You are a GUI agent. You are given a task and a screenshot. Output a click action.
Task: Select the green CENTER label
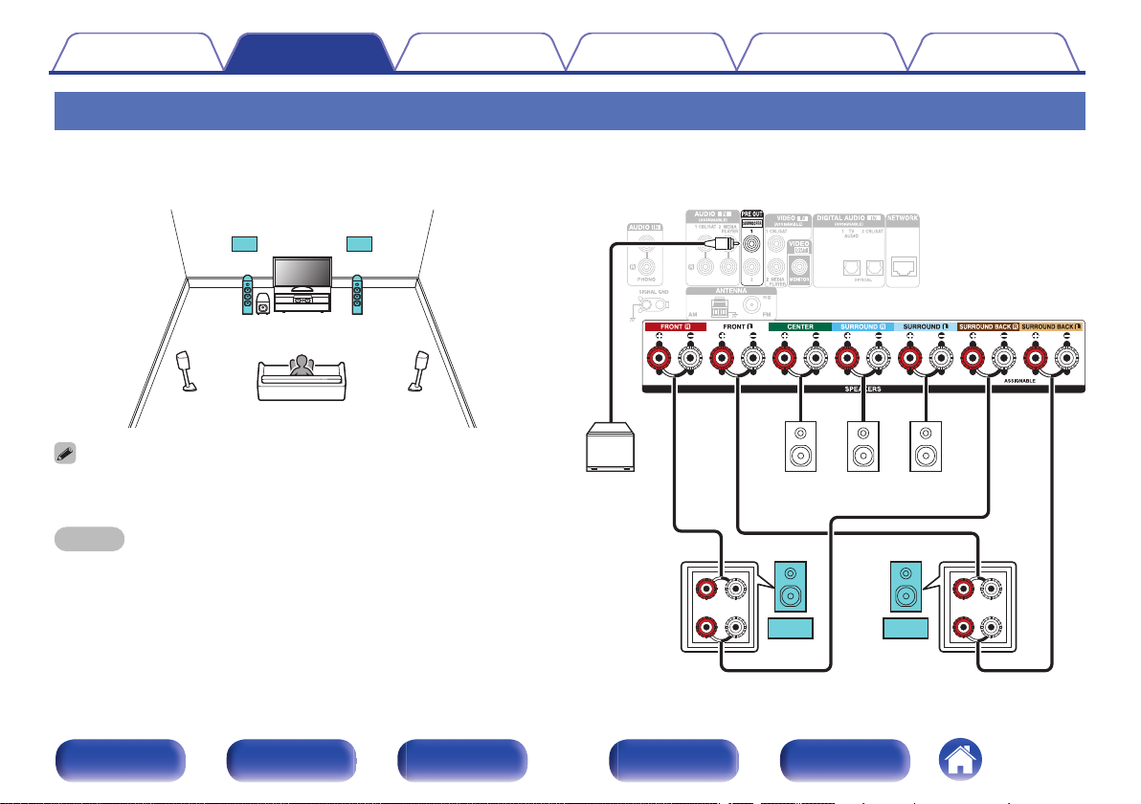point(799,327)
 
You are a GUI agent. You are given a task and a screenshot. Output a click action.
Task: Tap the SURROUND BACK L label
point(1053,327)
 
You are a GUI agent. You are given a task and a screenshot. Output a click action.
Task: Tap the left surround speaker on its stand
point(187,371)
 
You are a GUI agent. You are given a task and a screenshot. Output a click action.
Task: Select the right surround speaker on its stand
point(418,371)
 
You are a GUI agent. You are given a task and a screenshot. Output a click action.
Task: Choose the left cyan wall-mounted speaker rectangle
point(244,242)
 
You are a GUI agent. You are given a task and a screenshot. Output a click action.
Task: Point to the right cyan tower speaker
point(357,296)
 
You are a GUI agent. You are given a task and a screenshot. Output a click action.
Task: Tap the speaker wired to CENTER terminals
point(799,445)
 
